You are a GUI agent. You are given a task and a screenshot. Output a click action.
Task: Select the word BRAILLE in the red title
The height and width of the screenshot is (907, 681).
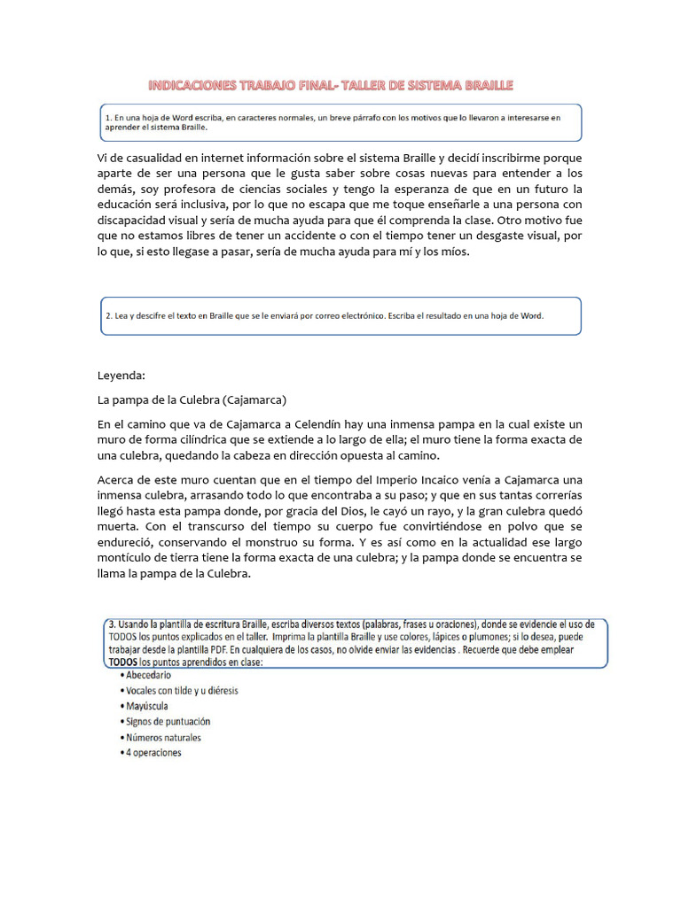point(484,85)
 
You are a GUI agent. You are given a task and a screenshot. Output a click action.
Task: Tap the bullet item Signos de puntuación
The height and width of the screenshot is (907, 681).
point(165,722)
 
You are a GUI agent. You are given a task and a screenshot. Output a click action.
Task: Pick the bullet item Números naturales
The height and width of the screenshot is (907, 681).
point(160,737)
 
